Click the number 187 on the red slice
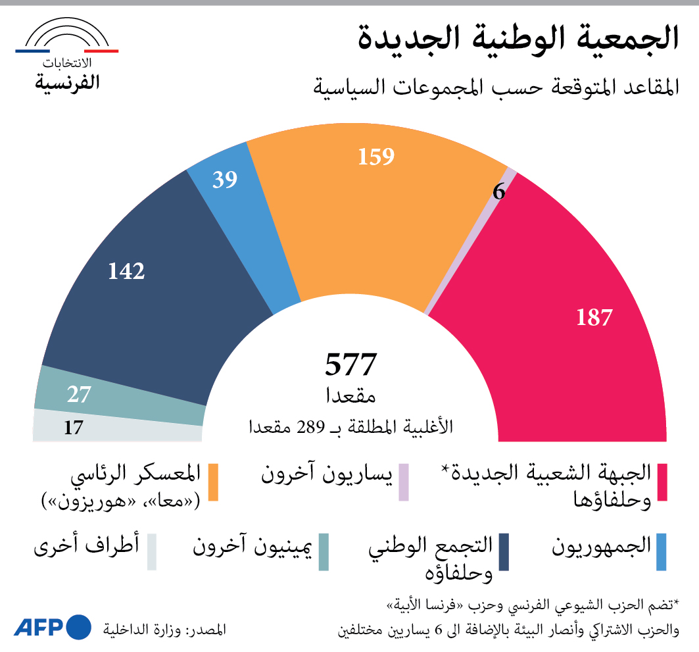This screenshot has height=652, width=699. (x=594, y=318)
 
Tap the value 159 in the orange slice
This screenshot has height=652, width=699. (x=375, y=157)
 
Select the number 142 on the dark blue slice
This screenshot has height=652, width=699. (x=126, y=270)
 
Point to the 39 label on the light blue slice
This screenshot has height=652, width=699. (x=224, y=180)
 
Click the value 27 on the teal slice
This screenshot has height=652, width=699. (x=78, y=395)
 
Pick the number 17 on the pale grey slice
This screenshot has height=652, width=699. (x=73, y=428)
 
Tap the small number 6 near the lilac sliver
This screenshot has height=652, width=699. (x=498, y=192)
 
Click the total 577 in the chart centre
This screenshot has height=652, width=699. (x=350, y=364)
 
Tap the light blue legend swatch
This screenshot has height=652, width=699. (x=662, y=551)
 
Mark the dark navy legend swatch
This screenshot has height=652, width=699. (x=504, y=551)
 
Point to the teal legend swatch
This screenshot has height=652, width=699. (x=323, y=551)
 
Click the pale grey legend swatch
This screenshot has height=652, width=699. (x=152, y=551)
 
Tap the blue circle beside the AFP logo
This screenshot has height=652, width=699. (x=79, y=627)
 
